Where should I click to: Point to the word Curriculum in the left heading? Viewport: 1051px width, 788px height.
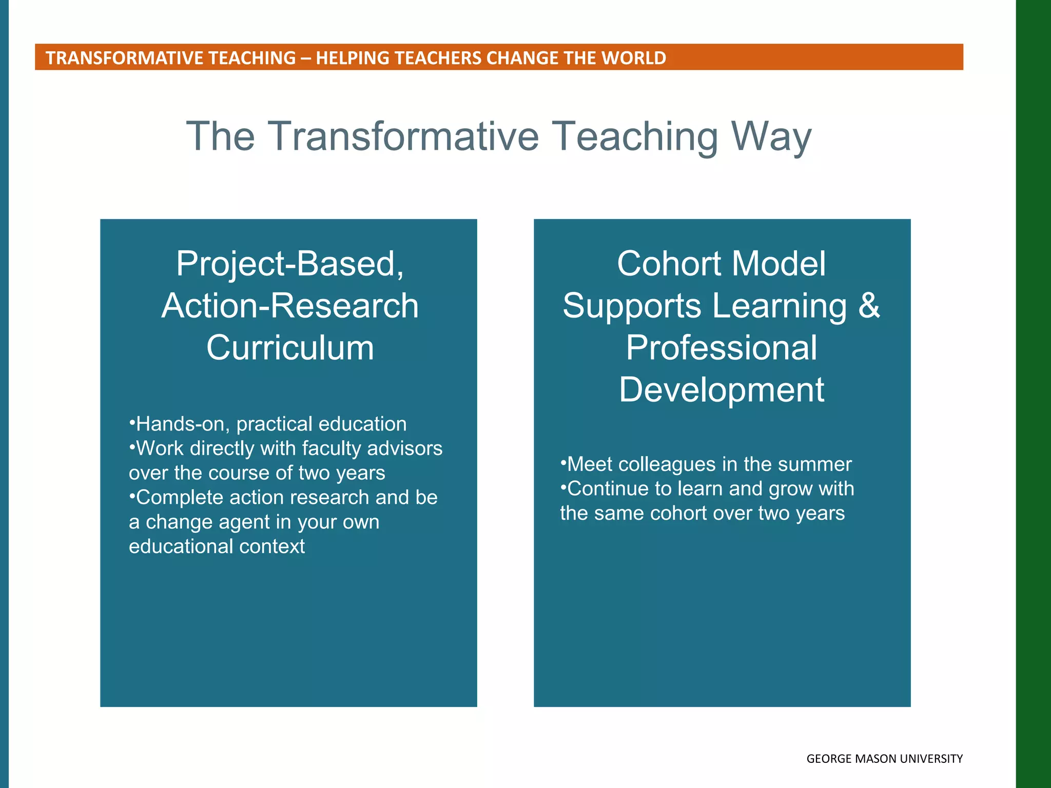290,348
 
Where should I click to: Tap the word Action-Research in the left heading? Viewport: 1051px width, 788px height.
290,306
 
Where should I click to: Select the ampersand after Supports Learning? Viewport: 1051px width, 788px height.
869,306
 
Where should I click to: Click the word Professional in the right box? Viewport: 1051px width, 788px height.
721,348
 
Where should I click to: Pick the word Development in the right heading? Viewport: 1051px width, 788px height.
721,390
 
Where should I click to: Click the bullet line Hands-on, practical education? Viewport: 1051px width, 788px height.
268,424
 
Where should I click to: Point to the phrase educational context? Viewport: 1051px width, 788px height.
217,546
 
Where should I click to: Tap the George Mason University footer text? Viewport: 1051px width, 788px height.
884,759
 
